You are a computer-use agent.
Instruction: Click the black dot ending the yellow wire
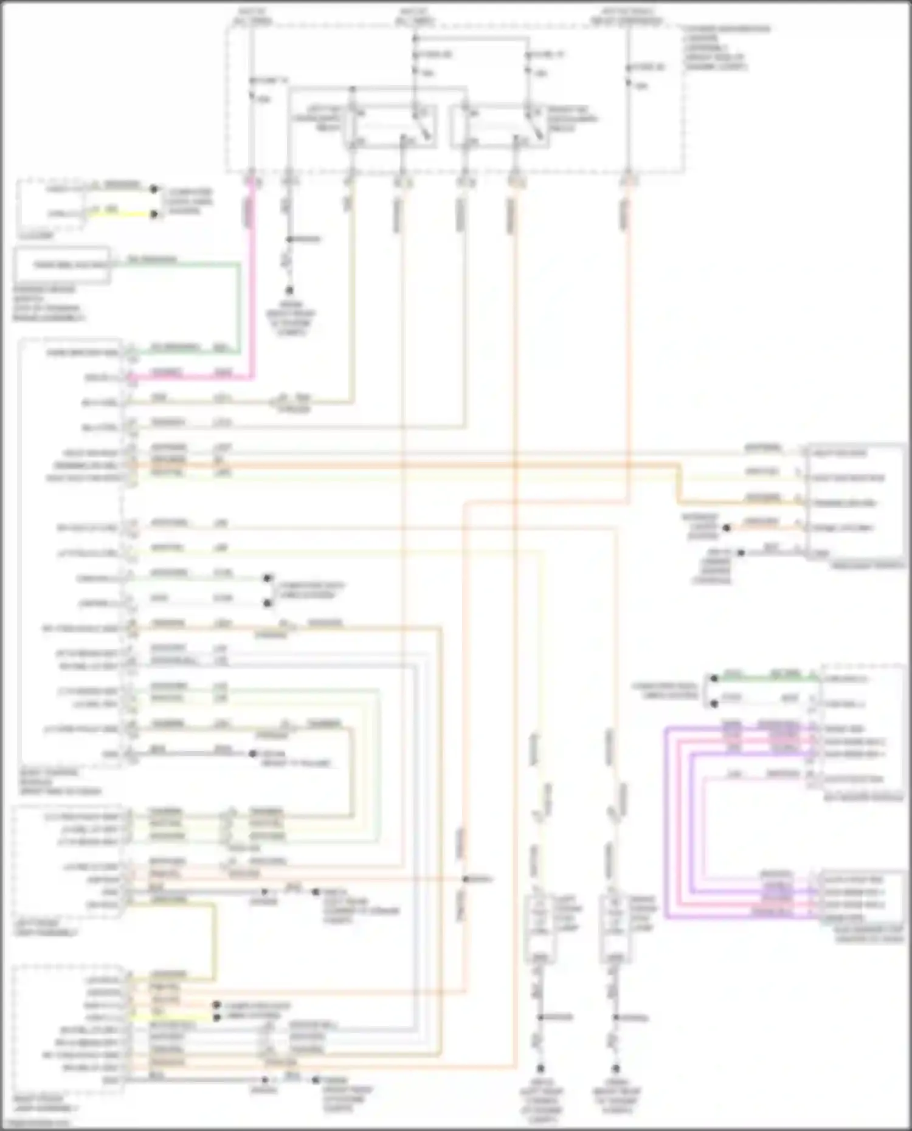(x=154, y=214)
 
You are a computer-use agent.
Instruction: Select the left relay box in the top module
(x=390, y=126)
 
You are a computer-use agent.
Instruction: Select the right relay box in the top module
(x=499, y=126)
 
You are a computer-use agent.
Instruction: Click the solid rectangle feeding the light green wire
(x=62, y=265)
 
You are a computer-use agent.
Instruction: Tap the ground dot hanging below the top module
(x=289, y=290)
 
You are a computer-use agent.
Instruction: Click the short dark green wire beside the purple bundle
(x=766, y=678)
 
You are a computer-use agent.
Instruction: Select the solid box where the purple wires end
(x=860, y=898)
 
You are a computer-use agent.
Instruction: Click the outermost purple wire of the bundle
(x=666, y=820)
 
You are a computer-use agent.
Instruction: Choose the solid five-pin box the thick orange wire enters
(x=854, y=502)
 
